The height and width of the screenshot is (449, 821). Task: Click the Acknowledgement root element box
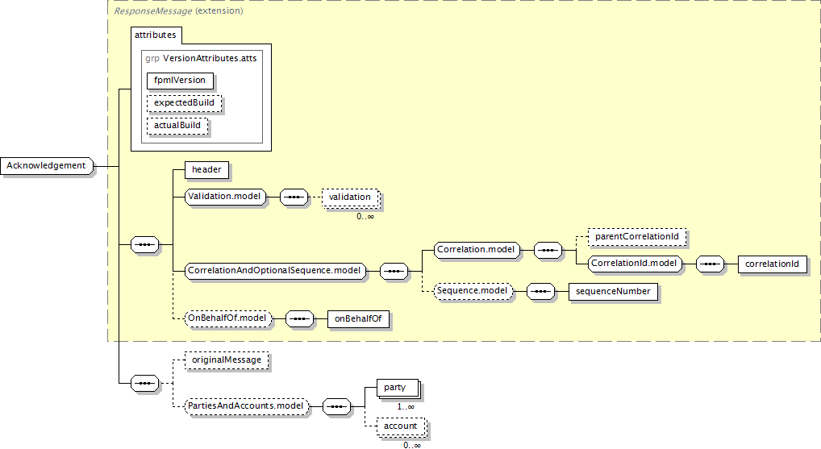tap(47, 166)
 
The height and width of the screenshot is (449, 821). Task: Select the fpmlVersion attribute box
tap(180, 81)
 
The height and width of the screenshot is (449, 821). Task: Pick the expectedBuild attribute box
tap(185, 103)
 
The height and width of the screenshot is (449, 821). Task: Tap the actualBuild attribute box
tap(177, 126)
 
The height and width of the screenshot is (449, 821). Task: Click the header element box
tap(206, 169)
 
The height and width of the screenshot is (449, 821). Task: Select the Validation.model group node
tap(225, 197)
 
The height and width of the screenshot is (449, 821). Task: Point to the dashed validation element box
tap(350, 197)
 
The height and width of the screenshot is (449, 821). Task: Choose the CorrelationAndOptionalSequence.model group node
tap(275, 271)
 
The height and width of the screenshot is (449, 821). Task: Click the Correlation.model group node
tap(477, 250)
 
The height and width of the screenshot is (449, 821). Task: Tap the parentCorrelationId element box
tap(637, 236)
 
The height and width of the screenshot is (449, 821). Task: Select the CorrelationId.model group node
tap(635, 264)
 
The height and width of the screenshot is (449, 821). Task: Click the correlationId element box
tap(773, 264)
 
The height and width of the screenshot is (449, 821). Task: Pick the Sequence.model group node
tap(473, 291)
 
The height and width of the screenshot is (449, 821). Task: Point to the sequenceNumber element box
tap(613, 292)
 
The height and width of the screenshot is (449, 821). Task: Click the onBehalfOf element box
tap(358, 318)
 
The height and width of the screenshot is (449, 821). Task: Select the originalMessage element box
tap(227, 360)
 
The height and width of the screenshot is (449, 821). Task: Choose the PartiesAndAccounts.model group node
tap(247, 406)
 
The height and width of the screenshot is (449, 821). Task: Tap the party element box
tap(398, 388)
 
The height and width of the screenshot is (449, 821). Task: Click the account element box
tap(401, 426)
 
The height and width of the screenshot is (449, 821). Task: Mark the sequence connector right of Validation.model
tap(294, 197)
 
